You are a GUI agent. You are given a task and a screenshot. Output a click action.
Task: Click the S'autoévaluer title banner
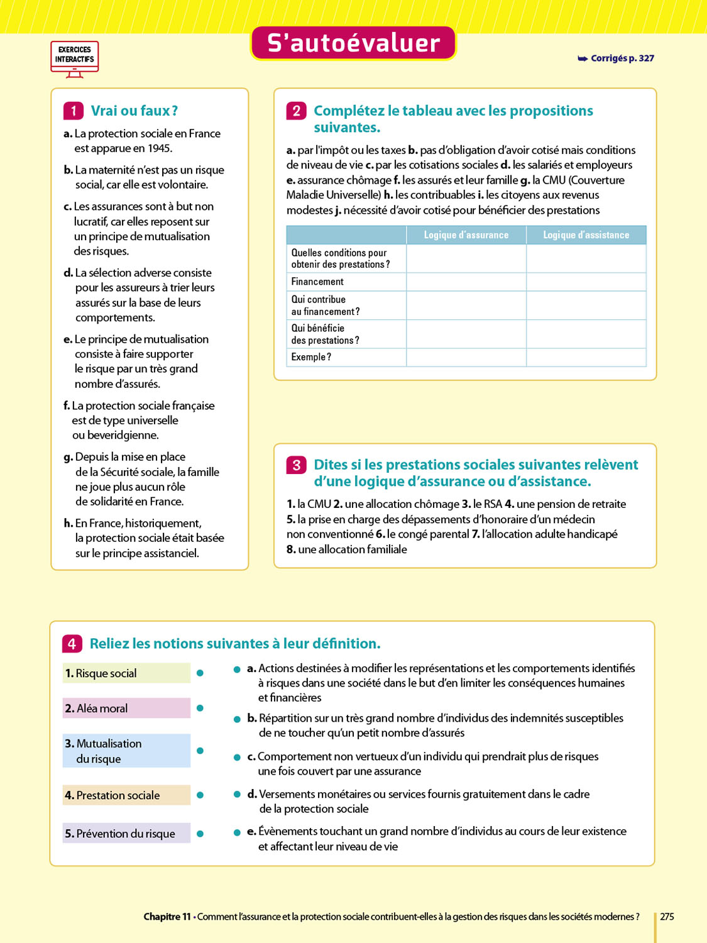pos(353,43)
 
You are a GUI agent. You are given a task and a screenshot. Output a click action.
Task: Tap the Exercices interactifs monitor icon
pos(75,58)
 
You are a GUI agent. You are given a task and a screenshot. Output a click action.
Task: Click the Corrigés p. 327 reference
pos(616,58)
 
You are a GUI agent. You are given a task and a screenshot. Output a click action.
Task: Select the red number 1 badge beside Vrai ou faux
pos(74,111)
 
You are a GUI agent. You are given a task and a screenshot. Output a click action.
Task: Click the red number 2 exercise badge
pos(297,111)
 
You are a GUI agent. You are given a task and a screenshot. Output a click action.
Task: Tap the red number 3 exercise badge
pos(297,465)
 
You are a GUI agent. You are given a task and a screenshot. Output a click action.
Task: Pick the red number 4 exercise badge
pos(72,644)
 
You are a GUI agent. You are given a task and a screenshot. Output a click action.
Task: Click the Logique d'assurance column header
pos(466,235)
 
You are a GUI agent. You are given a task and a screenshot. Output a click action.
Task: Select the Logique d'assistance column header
pos(586,235)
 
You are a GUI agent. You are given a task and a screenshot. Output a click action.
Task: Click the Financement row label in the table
pos(317,282)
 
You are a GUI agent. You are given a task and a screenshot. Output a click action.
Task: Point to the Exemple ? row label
pos(311,357)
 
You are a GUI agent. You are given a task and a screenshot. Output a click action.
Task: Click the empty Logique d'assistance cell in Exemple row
pos(586,357)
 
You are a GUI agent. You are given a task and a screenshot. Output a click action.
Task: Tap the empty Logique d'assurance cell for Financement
pos(466,282)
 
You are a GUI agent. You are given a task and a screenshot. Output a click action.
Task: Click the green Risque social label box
pos(126,673)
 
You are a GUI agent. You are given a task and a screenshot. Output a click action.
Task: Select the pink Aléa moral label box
pos(126,709)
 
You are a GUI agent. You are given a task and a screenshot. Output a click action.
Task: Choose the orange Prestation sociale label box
pos(126,795)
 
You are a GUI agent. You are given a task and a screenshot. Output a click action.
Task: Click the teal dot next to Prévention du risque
pos(200,834)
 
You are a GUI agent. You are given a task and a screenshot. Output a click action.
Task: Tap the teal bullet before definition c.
pos(237,758)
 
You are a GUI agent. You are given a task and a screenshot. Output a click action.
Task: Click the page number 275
pos(667,917)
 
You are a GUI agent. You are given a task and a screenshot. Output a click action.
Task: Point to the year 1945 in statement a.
pos(160,148)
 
